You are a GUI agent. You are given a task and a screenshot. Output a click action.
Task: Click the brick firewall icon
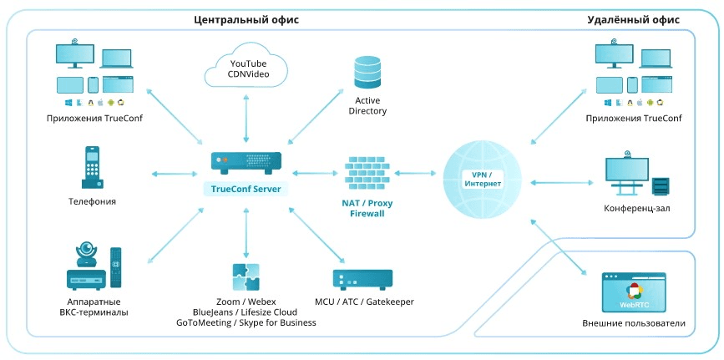coord(367,173)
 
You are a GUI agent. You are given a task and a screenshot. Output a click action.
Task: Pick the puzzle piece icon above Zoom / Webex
coord(246,276)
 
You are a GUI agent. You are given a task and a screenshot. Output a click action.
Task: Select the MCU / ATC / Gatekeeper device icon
coord(363,279)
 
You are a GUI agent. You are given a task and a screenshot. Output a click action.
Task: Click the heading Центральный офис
coord(246,18)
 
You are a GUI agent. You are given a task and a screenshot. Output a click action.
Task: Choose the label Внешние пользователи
coord(634,323)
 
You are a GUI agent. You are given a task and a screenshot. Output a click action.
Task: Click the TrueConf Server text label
coord(246,189)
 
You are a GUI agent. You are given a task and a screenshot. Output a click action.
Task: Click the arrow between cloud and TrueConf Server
coord(246,117)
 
